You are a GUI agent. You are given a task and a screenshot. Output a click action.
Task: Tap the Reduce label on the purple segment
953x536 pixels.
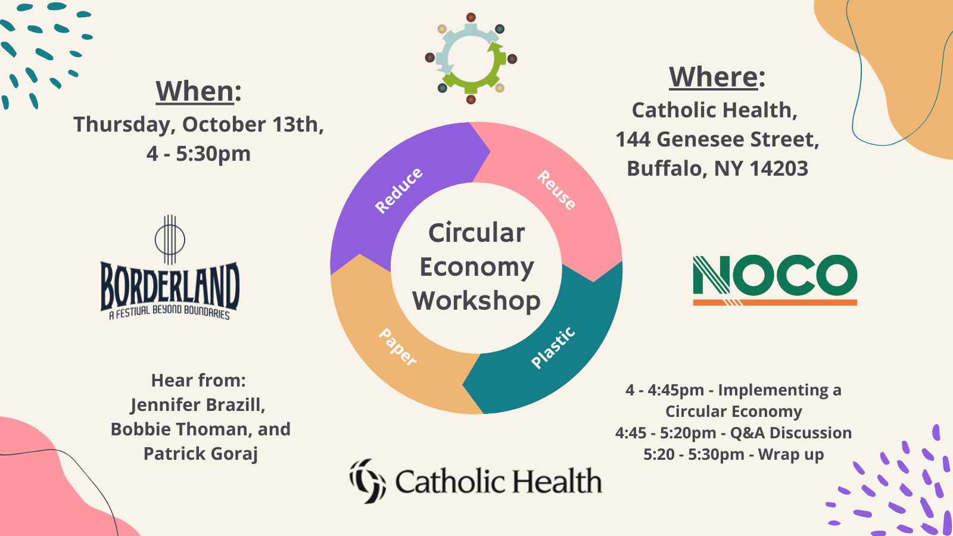coord(398,190)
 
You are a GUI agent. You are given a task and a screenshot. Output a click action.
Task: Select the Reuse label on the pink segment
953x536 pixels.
coord(556,190)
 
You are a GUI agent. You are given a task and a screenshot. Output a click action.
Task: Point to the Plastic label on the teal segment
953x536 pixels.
coord(553,348)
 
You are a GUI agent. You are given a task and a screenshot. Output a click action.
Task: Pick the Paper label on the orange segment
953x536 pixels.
coord(398,347)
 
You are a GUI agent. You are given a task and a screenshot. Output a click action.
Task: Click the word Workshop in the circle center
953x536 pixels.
coord(476,301)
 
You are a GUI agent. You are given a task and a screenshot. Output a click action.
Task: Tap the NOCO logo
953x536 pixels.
coord(775,280)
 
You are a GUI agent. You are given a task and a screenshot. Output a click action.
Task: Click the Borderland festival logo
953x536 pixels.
coord(170,267)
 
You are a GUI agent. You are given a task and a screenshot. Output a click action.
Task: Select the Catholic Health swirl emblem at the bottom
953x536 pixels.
coord(368,481)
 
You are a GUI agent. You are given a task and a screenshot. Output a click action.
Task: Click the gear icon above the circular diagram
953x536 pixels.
coord(471,58)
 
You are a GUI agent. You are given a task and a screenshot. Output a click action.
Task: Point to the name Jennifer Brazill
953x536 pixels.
coord(198,406)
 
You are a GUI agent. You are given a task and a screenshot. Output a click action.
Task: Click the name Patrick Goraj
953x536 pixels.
coord(201,454)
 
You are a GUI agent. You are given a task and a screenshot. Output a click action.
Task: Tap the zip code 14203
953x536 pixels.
coord(779,169)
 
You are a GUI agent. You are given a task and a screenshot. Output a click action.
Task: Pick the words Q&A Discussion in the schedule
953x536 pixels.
coord(791,432)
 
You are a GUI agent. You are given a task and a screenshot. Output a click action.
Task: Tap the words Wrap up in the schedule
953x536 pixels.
coord(791,455)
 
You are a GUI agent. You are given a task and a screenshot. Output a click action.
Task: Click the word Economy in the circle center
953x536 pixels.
coord(476,267)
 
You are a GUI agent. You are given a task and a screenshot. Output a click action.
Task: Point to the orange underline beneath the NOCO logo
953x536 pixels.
coord(775,303)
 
